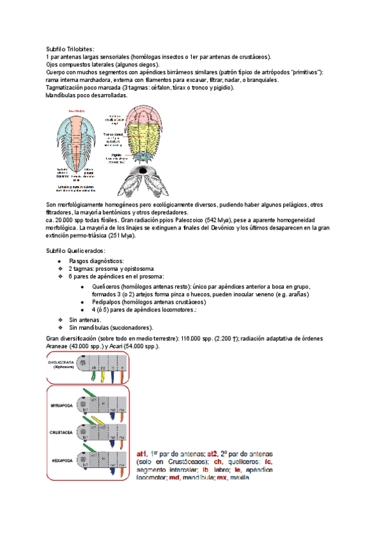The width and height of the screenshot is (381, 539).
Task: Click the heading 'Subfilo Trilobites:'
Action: click(x=70, y=49)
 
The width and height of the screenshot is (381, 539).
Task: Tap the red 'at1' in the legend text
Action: click(x=142, y=454)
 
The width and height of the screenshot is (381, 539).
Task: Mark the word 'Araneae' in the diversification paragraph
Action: click(x=60, y=346)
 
